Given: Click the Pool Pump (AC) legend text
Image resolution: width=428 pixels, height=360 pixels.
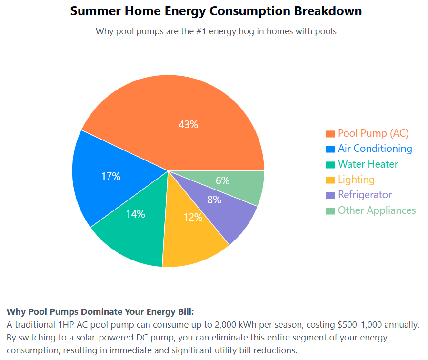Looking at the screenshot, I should (373, 133).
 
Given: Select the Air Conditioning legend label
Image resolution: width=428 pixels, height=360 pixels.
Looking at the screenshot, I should (375, 149).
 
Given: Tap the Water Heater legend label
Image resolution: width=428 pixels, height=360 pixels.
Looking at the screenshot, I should (368, 164).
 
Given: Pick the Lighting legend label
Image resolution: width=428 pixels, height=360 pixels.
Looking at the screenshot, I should (356, 180).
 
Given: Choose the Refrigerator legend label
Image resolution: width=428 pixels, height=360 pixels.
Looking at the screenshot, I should (365, 195).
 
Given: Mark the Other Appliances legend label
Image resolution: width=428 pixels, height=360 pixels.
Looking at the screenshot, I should (377, 210).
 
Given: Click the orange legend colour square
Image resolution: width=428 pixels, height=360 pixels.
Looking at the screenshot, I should (330, 134).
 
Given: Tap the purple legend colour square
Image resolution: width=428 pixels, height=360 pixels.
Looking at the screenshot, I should (330, 195).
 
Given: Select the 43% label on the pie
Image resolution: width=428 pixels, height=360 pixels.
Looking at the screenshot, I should (188, 125).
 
